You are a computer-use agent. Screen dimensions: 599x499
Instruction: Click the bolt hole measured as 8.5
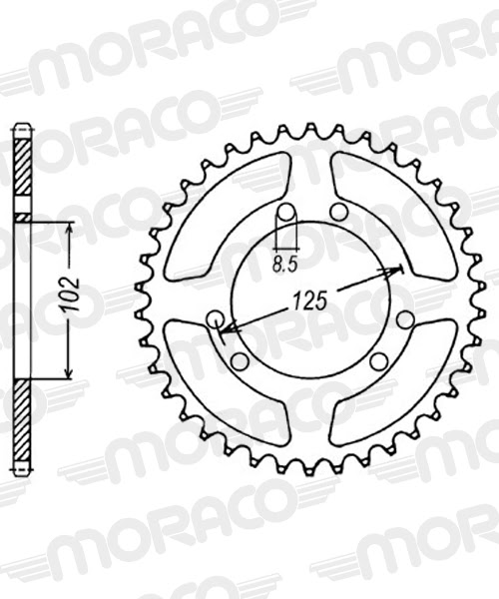click(x=284, y=213)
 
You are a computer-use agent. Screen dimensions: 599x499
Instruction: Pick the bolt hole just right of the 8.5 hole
click(x=338, y=212)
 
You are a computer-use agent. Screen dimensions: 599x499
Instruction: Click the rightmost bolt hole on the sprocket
click(x=404, y=319)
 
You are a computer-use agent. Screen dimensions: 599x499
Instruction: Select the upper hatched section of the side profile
click(x=21, y=170)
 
